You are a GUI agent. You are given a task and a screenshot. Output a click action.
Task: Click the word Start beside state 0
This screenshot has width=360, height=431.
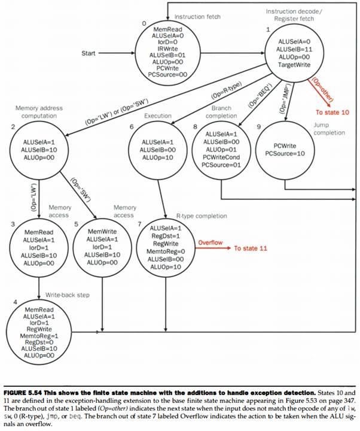pos(89,53)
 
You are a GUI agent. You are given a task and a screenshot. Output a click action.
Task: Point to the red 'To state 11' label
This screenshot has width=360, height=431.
pos(253,248)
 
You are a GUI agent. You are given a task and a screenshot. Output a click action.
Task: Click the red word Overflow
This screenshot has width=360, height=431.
pos(210,242)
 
